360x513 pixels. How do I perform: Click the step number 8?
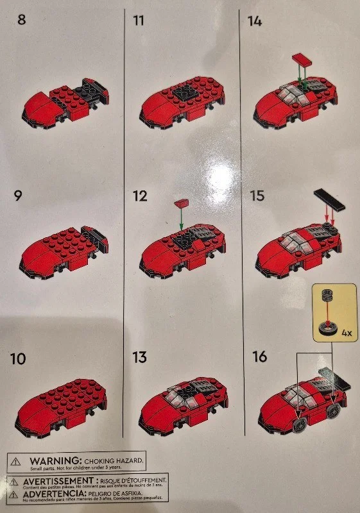(x=22, y=20)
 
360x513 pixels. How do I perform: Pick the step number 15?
(x=257, y=196)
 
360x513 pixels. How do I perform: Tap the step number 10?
(x=19, y=359)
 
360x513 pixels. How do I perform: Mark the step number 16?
(x=258, y=358)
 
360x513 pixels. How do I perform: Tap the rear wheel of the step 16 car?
(x=333, y=410)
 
